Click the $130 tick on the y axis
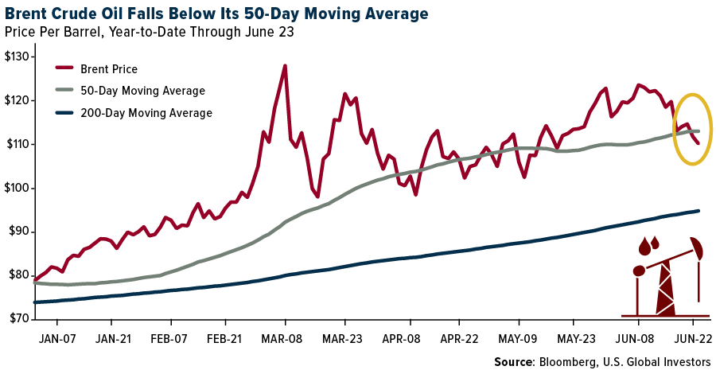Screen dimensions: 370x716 (x=16, y=57)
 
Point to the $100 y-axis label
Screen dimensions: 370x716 (x=16, y=189)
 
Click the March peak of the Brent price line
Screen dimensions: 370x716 (x=285, y=66)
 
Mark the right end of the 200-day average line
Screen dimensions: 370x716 (x=698, y=211)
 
